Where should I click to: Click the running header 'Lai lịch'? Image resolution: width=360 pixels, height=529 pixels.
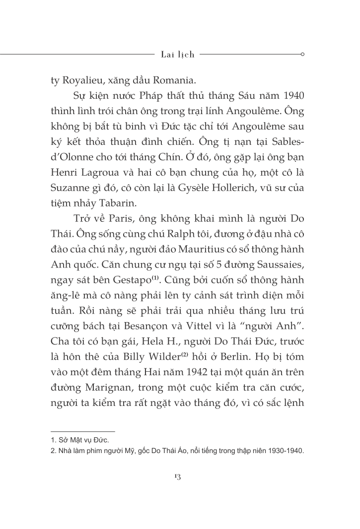pyautogui.click(x=178, y=55)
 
